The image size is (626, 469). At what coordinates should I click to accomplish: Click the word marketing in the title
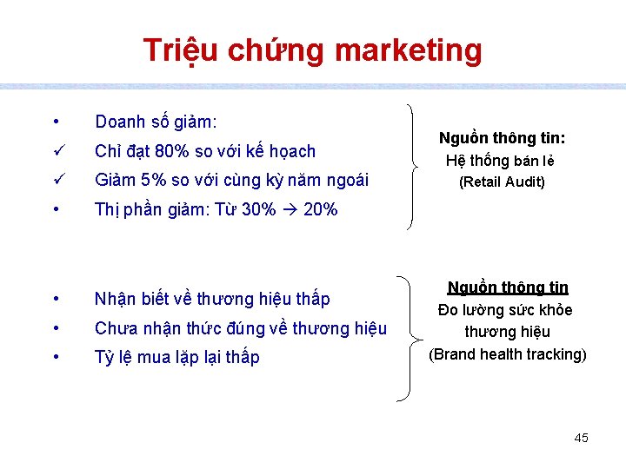pyautogui.click(x=407, y=50)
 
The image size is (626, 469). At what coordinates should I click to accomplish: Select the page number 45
pyautogui.click(x=581, y=438)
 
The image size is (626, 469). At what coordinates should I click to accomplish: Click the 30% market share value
pyautogui.click(x=257, y=209)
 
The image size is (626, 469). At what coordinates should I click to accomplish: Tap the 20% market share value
pyautogui.click(x=320, y=209)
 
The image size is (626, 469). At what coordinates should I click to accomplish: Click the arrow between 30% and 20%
pyautogui.click(x=290, y=209)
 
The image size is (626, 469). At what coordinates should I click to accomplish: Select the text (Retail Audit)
pyautogui.click(x=502, y=182)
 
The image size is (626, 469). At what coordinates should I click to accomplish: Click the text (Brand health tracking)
pyautogui.click(x=508, y=353)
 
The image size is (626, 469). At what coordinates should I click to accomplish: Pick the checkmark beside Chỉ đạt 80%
pyautogui.click(x=55, y=151)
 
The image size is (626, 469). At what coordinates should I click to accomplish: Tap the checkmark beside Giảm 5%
pyautogui.click(x=55, y=180)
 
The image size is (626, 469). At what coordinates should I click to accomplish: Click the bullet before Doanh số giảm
pyautogui.click(x=55, y=122)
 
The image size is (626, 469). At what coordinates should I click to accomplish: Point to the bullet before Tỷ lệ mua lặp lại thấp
pyautogui.click(x=55, y=357)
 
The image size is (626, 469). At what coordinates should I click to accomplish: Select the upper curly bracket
pyautogui.click(x=410, y=165)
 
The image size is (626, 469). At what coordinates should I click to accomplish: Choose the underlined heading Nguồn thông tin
pyautogui.click(x=508, y=287)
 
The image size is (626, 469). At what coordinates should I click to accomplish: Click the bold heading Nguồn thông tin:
pyautogui.click(x=502, y=138)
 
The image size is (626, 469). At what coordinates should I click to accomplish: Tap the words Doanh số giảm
pyautogui.click(x=156, y=122)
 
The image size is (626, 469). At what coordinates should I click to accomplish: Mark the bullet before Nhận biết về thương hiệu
pyautogui.click(x=55, y=299)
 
